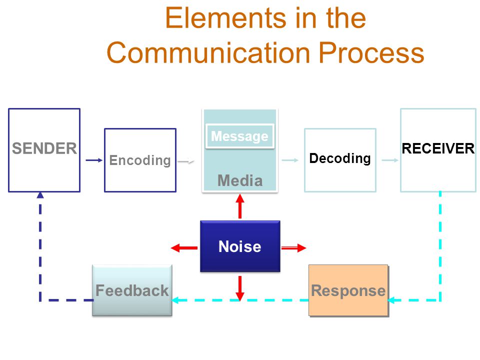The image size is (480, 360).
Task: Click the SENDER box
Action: (x=44, y=150)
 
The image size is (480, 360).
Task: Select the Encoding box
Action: (x=140, y=160)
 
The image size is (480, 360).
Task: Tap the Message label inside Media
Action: (x=239, y=136)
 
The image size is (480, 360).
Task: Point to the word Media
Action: (x=240, y=180)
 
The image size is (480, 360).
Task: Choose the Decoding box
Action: (x=340, y=160)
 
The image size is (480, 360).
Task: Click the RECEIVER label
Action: (x=438, y=148)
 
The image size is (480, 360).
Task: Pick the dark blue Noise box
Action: (x=240, y=246)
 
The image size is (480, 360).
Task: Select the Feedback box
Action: (x=132, y=290)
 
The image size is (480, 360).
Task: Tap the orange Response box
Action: (x=348, y=290)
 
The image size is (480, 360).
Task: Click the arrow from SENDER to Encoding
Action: (x=94, y=160)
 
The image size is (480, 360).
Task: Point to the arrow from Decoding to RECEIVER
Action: (x=390, y=160)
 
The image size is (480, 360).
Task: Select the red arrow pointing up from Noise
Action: (x=240, y=206)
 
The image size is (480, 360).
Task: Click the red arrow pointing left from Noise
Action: (x=184, y=247)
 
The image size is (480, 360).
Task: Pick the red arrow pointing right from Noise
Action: (x=293, y=247)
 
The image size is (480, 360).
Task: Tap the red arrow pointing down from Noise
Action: (x=240, y=288)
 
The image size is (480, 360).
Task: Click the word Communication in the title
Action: (x=209, y=52)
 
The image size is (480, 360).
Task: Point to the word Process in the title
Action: (x=371, y=52)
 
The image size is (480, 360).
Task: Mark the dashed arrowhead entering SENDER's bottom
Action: (x=40, y=195)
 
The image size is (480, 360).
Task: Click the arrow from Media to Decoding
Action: (x=290, y=160)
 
